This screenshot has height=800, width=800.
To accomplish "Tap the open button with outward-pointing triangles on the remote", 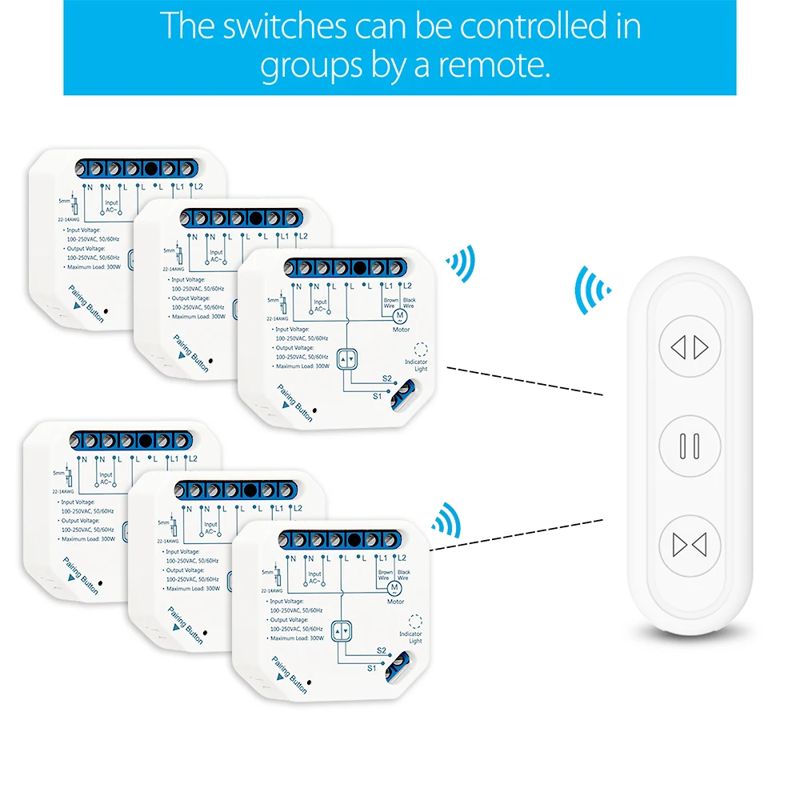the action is pos(690,347).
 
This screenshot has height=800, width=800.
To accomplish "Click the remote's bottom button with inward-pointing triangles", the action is pos(690,544).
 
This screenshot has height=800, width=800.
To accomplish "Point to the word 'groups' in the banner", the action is pos(313,65).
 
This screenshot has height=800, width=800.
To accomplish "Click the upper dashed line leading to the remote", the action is pos(524,382).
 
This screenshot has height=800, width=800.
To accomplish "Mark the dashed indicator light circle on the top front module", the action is pos(422,350).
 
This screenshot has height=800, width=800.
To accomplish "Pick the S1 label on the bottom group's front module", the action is pos(372,667).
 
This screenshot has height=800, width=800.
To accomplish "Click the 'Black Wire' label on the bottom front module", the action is pos(403,575).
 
